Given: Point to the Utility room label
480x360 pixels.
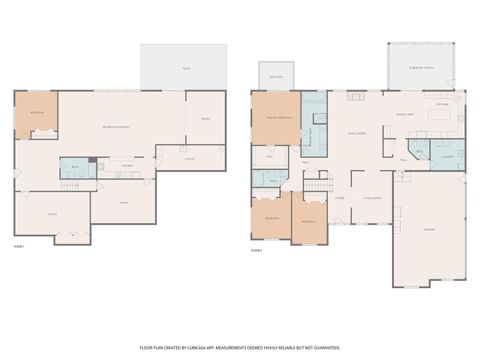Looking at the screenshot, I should click(189, 157).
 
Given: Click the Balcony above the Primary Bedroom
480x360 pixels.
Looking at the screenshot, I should click(276, 75).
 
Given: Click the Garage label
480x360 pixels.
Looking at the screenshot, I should click(428, 229).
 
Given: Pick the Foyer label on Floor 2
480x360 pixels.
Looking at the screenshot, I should click(339, 198).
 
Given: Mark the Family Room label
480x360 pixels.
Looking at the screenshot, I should click(357, 133).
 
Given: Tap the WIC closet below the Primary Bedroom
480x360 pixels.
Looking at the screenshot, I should click(270, 157).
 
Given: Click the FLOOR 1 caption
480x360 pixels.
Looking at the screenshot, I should click(19, 245).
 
